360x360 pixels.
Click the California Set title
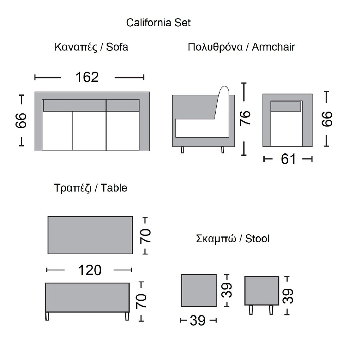click(158, 23)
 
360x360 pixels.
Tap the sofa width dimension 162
click(87, 77)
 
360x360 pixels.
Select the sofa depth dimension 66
click(21, 120)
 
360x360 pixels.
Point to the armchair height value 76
click(245, 118)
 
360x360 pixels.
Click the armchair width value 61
click(288, 159)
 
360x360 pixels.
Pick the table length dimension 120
click(90, 270)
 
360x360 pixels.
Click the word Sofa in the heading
click(117, 47)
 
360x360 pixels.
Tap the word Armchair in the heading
click(274, 47)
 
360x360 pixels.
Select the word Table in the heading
click(114, 188)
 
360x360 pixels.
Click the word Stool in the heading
click(257, 239)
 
